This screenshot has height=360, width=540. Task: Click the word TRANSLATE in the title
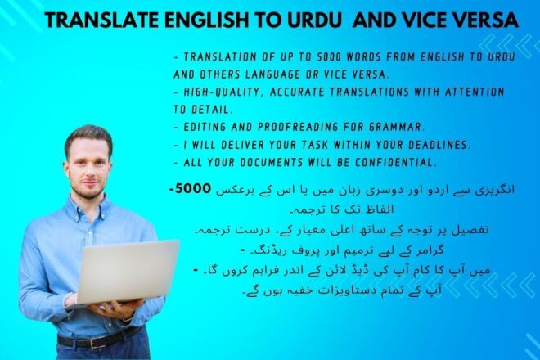click(97, 20)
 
